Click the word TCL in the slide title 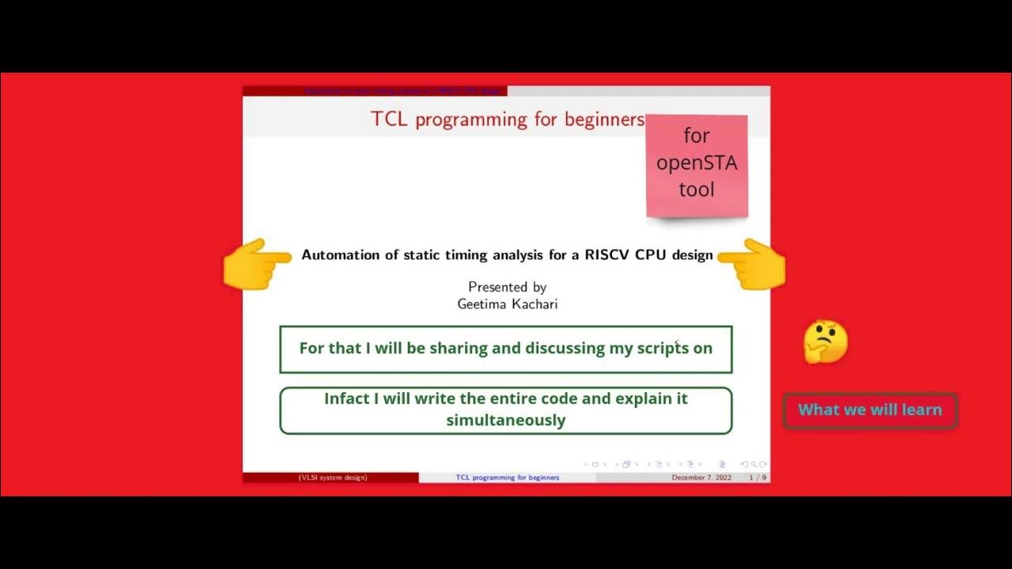point(390,119)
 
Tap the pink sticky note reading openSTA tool point(697,166)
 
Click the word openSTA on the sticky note point(697,163)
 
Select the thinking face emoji point(825,342)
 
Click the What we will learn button point(870,410)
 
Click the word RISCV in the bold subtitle point(607,255)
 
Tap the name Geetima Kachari point(507,303)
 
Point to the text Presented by point(507,287)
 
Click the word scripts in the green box point(663,349)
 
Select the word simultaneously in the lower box point(506,420)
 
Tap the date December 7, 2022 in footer point(701,478)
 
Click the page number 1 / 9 point(757,478)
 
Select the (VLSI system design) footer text point(333,478)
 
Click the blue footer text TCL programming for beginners point(507,478)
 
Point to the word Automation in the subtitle point(341,255)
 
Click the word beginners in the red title point(604,119)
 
